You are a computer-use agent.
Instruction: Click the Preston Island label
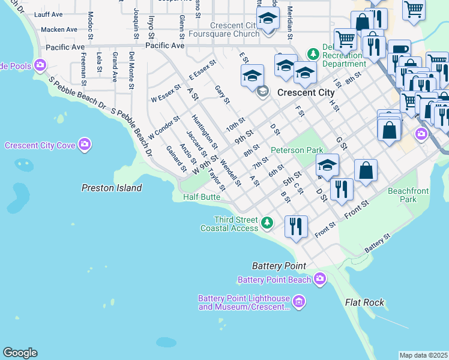[112, 188]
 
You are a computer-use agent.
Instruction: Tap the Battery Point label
[279, 266]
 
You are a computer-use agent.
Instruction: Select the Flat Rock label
[364, 302]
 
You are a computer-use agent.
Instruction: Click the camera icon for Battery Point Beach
[320, 279]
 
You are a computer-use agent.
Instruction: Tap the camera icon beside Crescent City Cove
[85, 145]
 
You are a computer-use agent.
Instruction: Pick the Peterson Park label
[297, 150]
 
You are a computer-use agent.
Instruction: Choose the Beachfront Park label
[402, 194]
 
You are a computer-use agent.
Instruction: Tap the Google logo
[20, 353]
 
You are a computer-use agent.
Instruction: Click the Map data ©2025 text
[423, 355]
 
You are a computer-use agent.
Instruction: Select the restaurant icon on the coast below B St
[296, 227]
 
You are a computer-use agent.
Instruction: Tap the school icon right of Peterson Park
[327, 165]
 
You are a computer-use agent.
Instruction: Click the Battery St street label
[377, 243]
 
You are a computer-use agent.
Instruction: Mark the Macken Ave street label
[59, 29]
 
